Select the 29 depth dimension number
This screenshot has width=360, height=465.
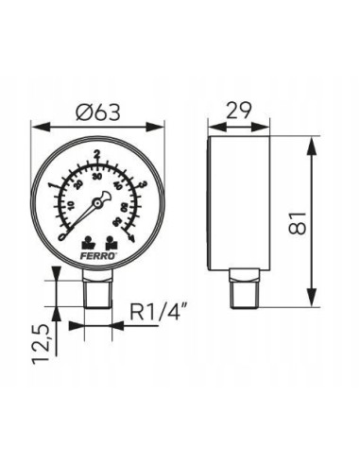pos(240,111)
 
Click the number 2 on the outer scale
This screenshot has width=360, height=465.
pos(98,152)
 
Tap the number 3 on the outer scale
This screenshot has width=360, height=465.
pos(141,184)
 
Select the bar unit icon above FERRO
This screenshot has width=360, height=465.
pos(87,240)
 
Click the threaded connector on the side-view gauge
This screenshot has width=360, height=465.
pos(240,287)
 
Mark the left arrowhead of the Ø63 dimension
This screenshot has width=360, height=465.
pos(37,125)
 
